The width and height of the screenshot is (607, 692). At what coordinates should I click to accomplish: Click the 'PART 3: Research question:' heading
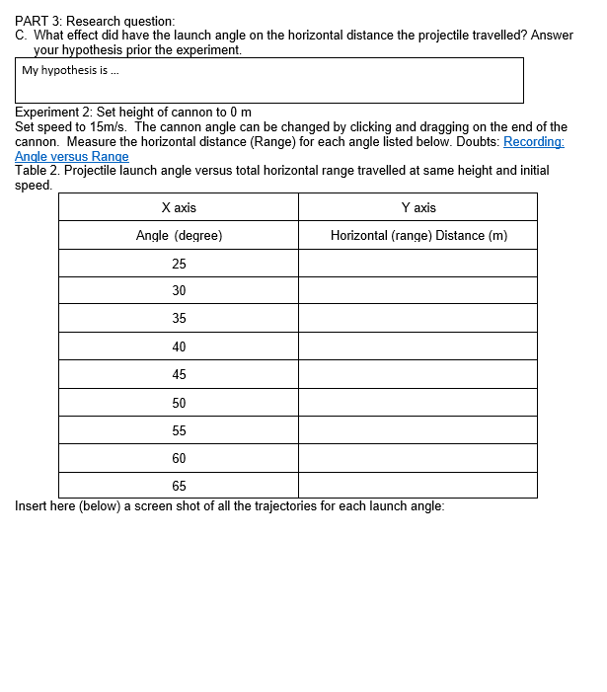coord(95,21)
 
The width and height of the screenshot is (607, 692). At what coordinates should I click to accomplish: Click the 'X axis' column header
coord(179,207)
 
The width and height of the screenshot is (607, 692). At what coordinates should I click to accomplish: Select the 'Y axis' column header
coord(418,207)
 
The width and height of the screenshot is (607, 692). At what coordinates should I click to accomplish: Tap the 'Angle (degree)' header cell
coord(179,235)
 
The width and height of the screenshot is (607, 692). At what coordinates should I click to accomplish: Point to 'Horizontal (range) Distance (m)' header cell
coord(418,235)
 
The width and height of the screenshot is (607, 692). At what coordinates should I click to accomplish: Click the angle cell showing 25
coord(179,264)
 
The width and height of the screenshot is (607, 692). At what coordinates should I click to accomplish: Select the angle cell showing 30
coord(179,290)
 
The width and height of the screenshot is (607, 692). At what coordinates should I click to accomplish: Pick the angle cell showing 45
coord(179,374)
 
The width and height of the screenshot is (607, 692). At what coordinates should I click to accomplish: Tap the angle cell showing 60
coord(179,458)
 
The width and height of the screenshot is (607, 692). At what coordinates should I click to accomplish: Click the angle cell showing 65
coord(179,486)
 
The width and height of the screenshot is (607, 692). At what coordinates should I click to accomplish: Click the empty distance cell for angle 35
coord(418,318)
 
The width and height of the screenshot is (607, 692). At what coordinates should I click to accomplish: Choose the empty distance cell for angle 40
coord(418,346)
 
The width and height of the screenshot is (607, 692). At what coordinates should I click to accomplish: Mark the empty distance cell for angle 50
coord(418,403)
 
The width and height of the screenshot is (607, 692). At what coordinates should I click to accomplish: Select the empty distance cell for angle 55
coord(418,430)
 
